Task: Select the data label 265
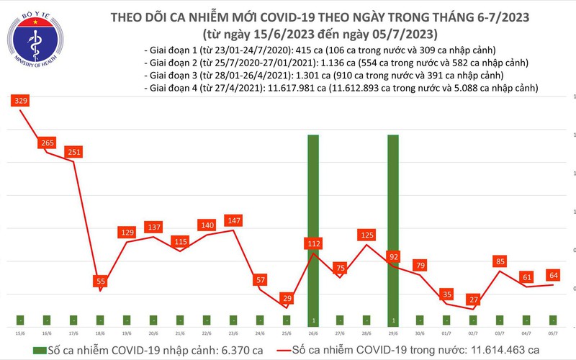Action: click(48, 143)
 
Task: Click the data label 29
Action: click(287, 298)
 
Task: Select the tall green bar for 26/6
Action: click(313, 230)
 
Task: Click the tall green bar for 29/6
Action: click(393, 230)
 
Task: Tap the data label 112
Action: click(313, 244)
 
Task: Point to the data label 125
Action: click(366, 235)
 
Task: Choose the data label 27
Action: click(473, 300)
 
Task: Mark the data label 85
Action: click(500, 261)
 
